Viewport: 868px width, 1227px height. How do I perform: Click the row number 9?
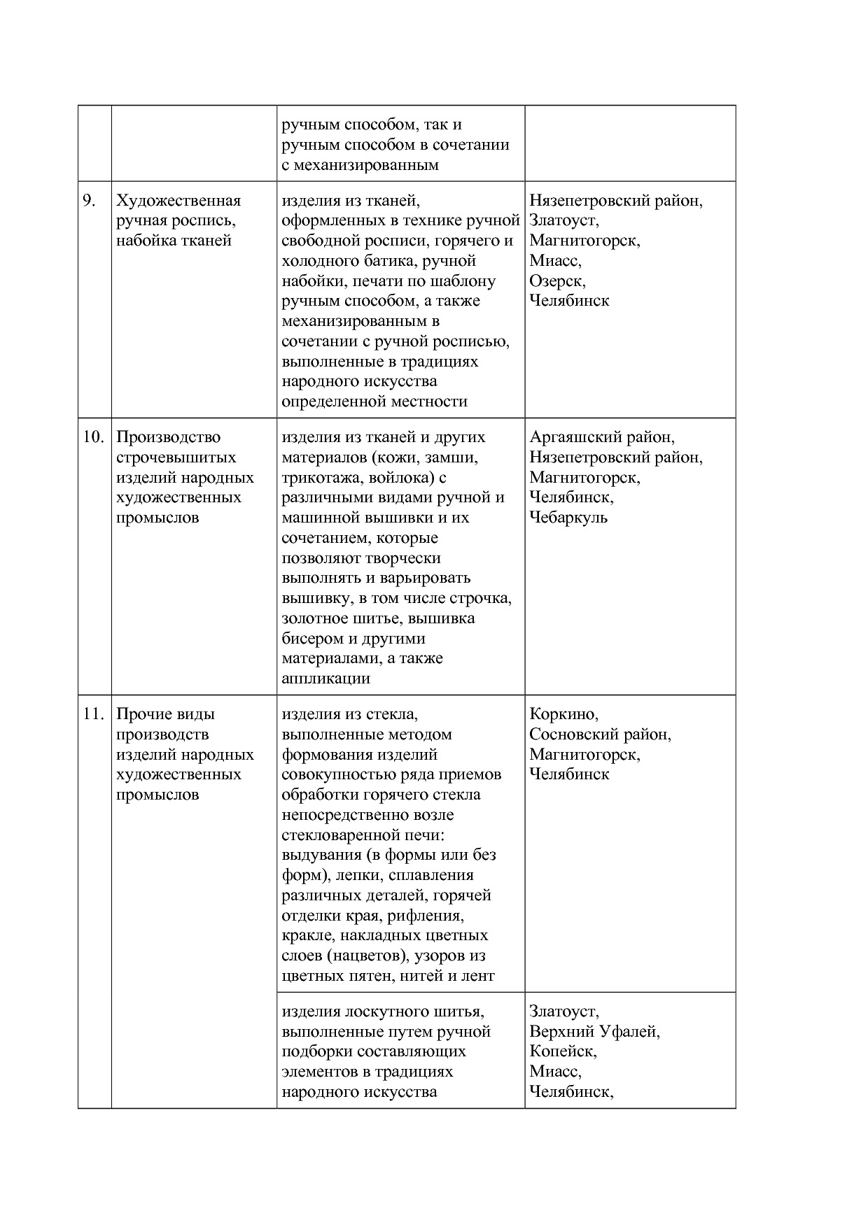(x=89, y=201)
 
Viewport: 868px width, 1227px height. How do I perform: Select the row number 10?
(x=92, y=437)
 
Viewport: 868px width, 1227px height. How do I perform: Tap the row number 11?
(x=92, y=714)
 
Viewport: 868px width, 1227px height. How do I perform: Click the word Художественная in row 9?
(x=178, y=201)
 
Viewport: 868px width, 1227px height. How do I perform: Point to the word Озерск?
(x=557, y=281)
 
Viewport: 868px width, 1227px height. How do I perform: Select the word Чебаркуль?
(x=568, y=518)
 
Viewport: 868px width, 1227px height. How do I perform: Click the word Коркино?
(x=563, y=714)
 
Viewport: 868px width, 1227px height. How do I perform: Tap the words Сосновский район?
(x=600, y=735)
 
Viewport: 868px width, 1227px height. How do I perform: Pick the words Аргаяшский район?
(x=602, y=437)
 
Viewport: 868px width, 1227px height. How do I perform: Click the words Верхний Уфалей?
(x=594, y=1031)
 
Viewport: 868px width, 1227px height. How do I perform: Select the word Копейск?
(x=563, y=1051)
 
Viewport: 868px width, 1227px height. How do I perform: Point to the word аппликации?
(x=325, y=679)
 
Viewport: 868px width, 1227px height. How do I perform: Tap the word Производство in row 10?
(x=168, y=437)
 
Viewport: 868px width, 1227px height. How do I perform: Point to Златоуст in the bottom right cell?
(x=563, y=1011)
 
